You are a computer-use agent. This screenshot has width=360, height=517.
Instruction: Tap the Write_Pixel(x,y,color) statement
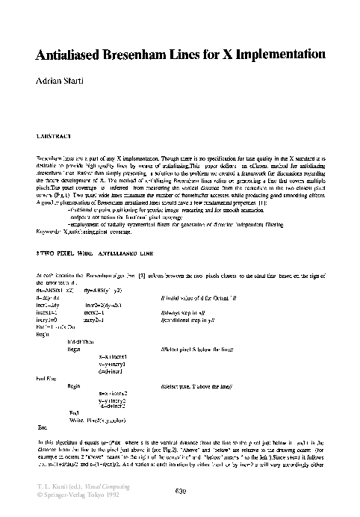coord(102,400)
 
